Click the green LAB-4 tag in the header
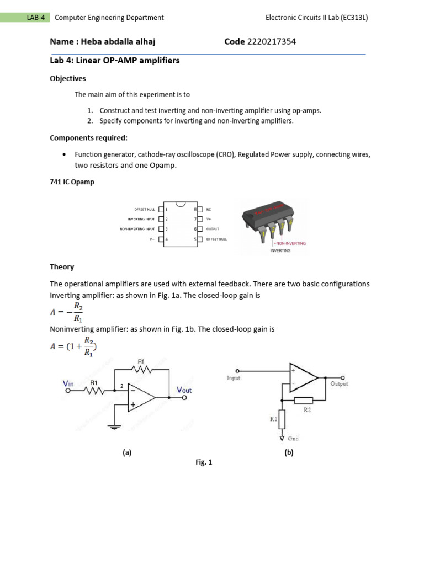(x=35, y=18)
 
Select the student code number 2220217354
(x=272, y=41)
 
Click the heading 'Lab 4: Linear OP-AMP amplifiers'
(x=115, y=61)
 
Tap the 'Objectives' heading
(x=68, y=78)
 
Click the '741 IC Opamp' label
(x=72, y=182)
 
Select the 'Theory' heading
(x=62, y=267)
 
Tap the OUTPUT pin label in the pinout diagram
(x=213, y=228)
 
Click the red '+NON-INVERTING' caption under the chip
(x=289, y=243)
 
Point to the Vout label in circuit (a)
(x=184, y=390)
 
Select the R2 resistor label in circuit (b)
(x=307, y=410)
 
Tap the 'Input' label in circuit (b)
(x=234, y=379)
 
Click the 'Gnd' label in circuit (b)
(x=293, y=439)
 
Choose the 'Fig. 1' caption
(x=204, y=462)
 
